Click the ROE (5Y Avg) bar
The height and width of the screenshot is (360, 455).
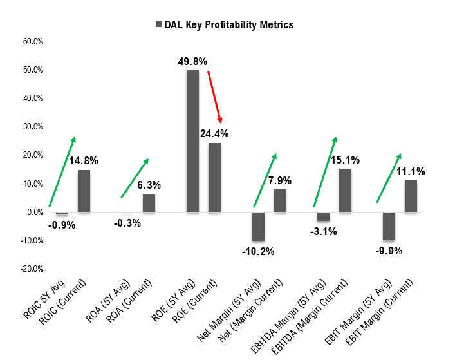coord(192,141)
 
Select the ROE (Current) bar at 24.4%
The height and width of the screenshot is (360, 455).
coord(214,177)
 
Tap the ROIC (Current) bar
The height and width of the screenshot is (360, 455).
coord(84,191)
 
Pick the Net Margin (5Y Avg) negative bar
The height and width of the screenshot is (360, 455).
coord(258,226)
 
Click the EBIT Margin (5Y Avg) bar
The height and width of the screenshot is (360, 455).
coord(389,225)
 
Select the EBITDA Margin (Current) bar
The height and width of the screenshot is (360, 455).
coord(345,190)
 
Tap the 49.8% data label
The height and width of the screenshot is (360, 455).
coord(192,62)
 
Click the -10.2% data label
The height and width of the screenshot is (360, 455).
coord(258,251)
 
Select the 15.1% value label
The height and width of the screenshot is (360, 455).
coord(345,160)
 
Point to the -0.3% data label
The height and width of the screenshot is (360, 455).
coord(127,223)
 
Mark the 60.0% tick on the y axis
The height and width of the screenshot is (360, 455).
coord(32,42)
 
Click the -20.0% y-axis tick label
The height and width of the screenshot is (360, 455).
coord(31,269)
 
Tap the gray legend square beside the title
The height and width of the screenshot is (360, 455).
coord(158,24)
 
